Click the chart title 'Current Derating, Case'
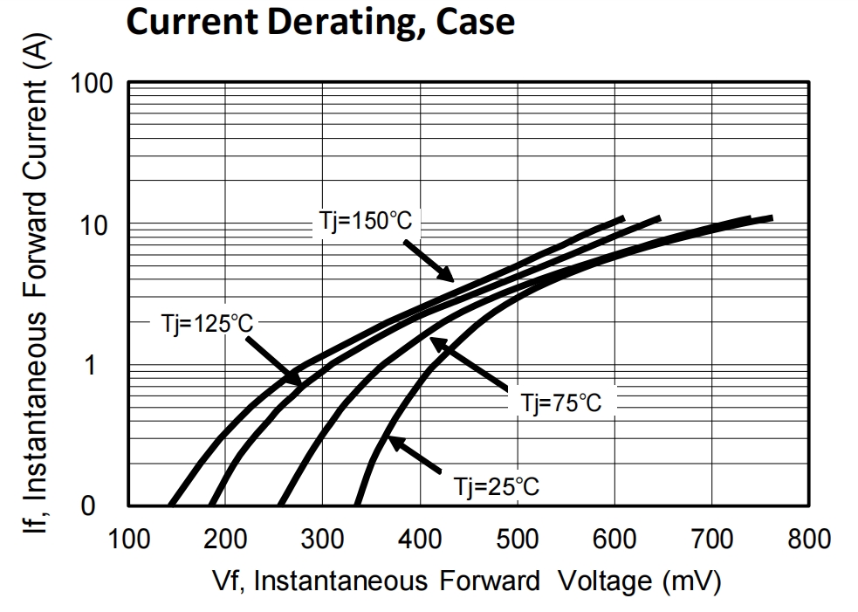(320, 22)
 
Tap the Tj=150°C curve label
(362, 221)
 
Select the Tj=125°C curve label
(207, 323)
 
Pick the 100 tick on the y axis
(93, 85)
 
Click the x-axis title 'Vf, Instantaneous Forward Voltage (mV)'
(468, 581)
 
